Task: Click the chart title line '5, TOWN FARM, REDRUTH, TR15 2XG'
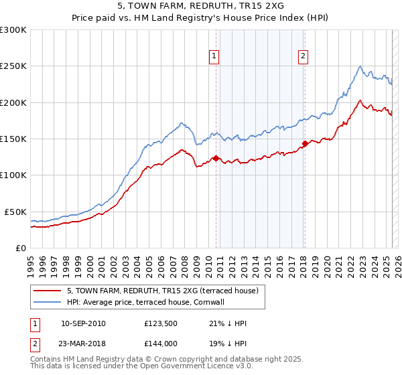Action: point(201,7)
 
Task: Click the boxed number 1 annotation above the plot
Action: point(214,56)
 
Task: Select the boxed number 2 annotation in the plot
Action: point(304,56)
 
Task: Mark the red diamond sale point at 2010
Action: point(216,158)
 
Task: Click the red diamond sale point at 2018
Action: point(305,143)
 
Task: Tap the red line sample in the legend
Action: point(47,291)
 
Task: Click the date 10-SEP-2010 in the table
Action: point(83,323)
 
